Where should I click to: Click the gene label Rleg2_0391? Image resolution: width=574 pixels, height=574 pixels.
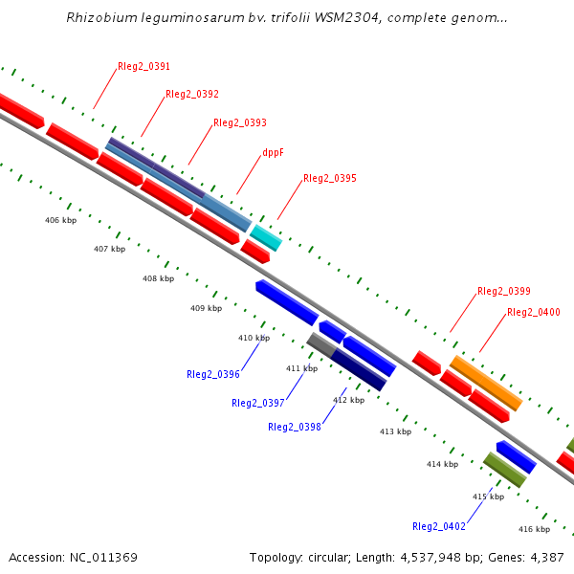coord(143,67)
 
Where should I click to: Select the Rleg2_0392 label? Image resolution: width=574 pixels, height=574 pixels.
coord(191,95)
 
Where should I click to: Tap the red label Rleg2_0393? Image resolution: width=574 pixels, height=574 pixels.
coord(239,123)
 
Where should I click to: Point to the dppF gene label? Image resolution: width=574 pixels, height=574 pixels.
coord(273,152)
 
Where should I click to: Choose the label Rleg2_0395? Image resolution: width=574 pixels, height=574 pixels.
coord(329,179)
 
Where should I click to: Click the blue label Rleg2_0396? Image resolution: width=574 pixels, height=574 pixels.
coord(212,375)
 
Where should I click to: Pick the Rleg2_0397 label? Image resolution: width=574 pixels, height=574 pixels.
coord(257,403)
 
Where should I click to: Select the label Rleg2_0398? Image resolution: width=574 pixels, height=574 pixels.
coord(294,428)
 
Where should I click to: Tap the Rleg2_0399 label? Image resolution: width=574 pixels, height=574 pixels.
coord(503,291)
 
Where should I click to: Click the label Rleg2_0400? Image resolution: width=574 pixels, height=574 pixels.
coord(533,313)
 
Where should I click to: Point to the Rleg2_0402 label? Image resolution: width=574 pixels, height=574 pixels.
coord(438,527)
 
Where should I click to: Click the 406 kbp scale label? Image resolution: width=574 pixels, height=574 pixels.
coord(60,220)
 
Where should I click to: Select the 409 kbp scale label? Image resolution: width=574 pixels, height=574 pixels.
coord(206,308)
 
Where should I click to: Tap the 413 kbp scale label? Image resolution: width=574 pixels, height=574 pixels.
coord(395,431)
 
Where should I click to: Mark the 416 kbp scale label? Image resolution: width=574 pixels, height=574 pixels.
coord(534,529)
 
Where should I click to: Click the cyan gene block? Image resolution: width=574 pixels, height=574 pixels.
coord(266,237)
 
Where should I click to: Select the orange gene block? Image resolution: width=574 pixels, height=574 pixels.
coord(486,383)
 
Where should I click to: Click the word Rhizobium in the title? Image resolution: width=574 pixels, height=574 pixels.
coord(99,18)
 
